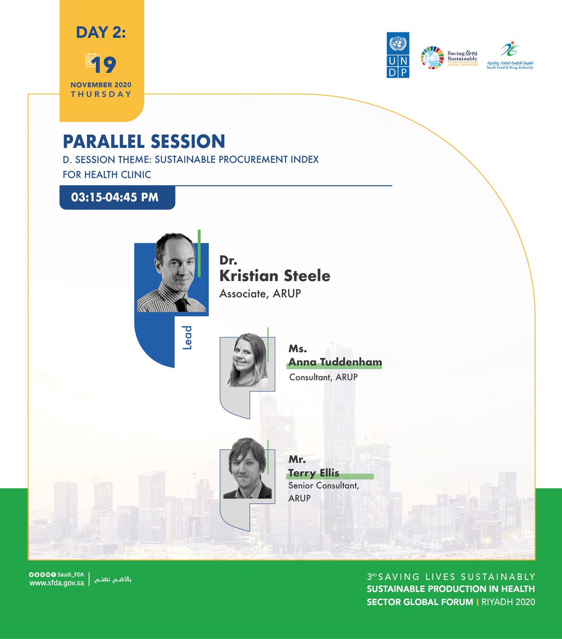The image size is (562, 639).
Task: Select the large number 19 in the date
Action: (x=104, y=65)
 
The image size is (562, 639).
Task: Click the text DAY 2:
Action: (x=101, y=33)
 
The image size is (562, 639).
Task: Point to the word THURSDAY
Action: (x=101, y=94)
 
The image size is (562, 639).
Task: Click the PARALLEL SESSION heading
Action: (x=144, y=141)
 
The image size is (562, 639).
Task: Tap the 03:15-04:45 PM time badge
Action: (x=117, y=197)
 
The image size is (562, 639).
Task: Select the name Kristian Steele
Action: (x=275, y=276)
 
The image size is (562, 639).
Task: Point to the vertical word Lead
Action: (x=187, y=338)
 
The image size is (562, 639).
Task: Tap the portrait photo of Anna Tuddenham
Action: (x=248, y=361)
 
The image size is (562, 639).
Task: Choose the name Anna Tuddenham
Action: (x=335, y=363)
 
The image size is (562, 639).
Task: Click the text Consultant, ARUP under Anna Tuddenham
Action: (x=323, y=378)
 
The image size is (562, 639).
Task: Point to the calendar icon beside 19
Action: (x=91, y=61)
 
